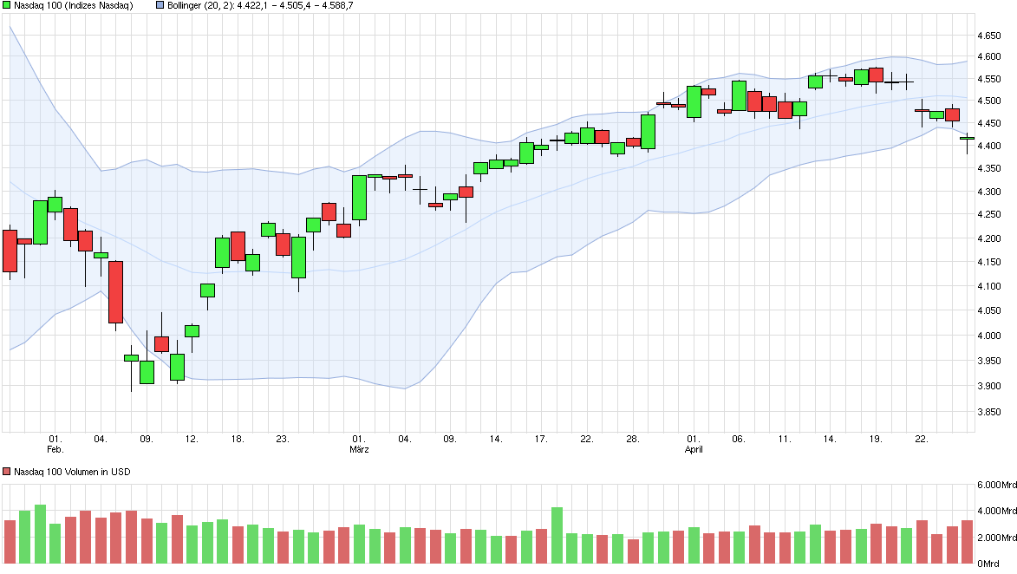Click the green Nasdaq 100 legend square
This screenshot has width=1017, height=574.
(7, 5)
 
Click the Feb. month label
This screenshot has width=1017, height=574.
(55, 450)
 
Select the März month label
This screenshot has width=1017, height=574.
(359, 450)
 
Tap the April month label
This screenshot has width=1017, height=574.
(694, 450)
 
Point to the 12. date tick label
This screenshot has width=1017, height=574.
(192, 439)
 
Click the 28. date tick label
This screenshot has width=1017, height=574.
(632, 439)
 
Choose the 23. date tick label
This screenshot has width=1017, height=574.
(283, 439)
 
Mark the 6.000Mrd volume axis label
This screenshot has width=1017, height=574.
(995, 486)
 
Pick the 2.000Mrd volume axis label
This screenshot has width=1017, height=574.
(995, 538)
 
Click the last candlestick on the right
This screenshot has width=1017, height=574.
(967, 139)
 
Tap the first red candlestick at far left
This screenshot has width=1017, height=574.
(10, 251)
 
